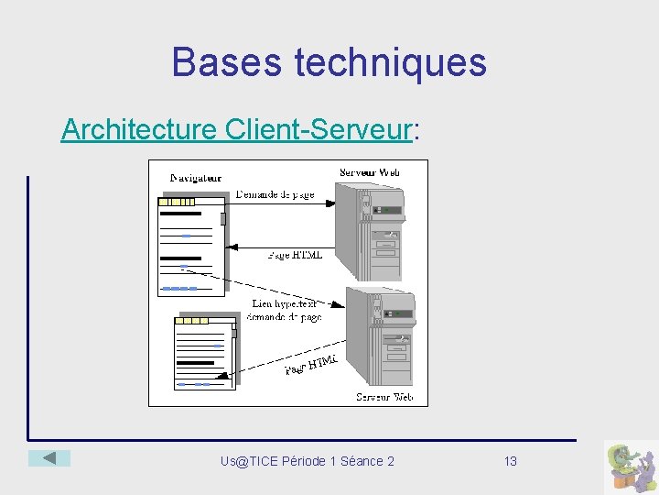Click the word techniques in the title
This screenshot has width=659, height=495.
[x=391, y=62]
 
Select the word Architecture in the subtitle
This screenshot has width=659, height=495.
[x=138, y=130]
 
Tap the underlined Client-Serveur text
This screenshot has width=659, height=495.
[x=317, y=130]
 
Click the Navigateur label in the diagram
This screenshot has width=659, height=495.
[x=196, y=177]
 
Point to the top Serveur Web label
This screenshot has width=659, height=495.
[x=370, y=171]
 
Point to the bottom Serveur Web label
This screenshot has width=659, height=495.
[x=384, y=397]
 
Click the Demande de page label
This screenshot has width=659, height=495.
[x=275, y=194]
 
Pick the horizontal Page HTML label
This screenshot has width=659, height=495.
[x=295, y=255]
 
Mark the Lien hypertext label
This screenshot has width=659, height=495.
[x=285, y=303]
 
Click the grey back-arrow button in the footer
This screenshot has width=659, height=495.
[x=49, y=457]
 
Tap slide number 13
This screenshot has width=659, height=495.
[x=511, y=461]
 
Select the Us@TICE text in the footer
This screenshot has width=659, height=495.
[x=249, y=461]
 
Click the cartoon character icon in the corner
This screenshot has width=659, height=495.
[x=631, y=467]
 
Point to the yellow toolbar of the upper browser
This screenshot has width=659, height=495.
[x=177, y=202]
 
